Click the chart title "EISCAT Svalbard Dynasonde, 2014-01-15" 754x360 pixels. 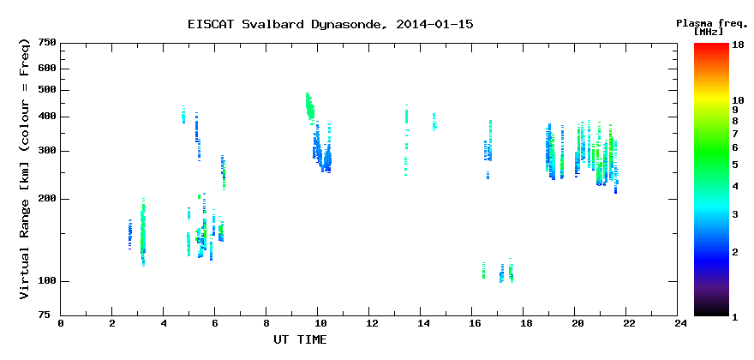[331, 24]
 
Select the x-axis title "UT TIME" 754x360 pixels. [300, 339]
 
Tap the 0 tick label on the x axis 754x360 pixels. [61, 323]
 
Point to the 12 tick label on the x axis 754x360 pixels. [368, 323]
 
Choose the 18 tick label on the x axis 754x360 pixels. [524, 323]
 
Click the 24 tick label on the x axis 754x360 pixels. [678, 323]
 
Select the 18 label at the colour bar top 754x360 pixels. [738, 45]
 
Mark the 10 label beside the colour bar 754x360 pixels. [738, 100]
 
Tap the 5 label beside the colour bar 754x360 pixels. [735, 165]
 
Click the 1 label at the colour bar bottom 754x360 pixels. [735, 317]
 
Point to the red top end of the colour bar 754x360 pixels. [711, 45]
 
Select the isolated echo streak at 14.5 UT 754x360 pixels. [434, 123]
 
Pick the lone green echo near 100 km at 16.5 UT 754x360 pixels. [483, 271]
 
